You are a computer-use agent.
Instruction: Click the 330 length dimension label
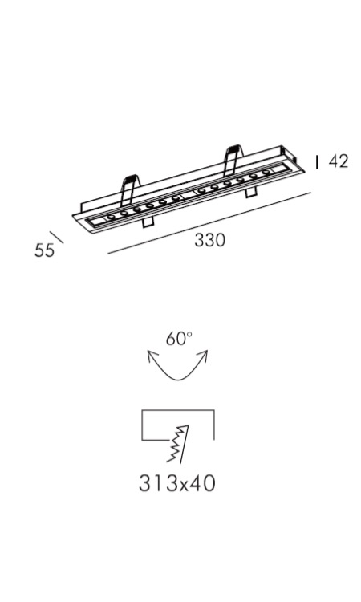click(209, 240)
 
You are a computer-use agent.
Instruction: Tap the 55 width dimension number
click(44, 250)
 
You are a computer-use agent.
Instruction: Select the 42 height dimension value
click(339, 161)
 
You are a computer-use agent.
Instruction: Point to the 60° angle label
click(179, 339)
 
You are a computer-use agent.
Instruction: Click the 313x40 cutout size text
click(176, 483)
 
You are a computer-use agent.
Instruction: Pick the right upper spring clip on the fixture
click(233, 160)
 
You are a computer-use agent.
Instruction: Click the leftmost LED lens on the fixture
click(112, 218)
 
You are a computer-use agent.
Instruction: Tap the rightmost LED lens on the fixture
click(266, 173)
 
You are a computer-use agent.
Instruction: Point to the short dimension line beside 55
click(56, 238)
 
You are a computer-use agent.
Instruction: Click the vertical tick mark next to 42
click(317, 161)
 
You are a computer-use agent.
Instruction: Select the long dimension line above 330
click(209, 222)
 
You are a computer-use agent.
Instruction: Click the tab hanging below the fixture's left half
click(148, 222)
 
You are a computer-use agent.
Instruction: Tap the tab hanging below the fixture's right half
click(251, 193)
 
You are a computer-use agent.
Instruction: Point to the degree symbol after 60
click(189, 335)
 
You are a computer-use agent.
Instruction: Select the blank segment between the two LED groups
click(189, 195)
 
